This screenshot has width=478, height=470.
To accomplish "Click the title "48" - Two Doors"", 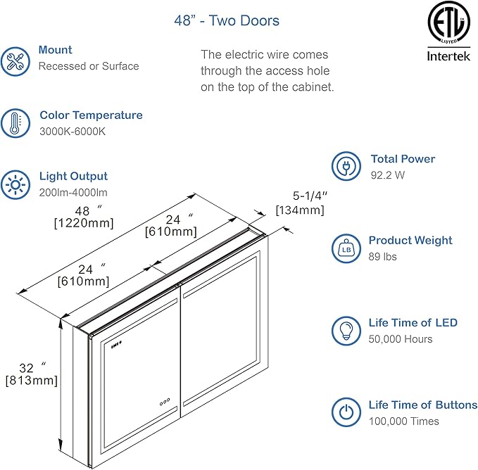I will tap(227, 20).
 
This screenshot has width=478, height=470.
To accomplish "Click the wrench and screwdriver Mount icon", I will tap(15, 60).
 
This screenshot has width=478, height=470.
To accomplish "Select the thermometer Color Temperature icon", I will tap(15, 123).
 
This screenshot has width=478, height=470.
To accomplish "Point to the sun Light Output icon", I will tap(15, 184).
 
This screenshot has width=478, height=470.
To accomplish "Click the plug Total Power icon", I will tap(346, 166).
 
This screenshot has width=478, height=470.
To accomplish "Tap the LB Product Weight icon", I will tap(346, 248).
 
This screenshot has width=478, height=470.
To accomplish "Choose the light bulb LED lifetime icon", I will tap(346, 330).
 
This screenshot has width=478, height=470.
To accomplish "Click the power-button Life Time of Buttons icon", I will tap(346, 412).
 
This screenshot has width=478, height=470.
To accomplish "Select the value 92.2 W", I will tap(388, 175).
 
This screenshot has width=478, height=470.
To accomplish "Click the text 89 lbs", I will tap(384, 257).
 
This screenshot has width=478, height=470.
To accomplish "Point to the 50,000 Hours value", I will tap(400, 339).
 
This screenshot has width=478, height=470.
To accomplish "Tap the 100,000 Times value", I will tap(403, 421).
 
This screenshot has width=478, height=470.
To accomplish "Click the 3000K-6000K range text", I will tap(73, 132).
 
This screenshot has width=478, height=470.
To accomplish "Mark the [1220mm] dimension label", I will tap(84, 223).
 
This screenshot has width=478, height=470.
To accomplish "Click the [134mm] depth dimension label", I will tap(300, 210).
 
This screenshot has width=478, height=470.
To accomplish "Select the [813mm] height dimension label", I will tap(31, 381).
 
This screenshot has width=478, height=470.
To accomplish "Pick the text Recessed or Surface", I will tap(89, 66).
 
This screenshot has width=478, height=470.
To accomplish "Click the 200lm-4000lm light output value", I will tap(74, 192).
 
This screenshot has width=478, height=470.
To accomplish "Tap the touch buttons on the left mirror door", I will tap(165, 403).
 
